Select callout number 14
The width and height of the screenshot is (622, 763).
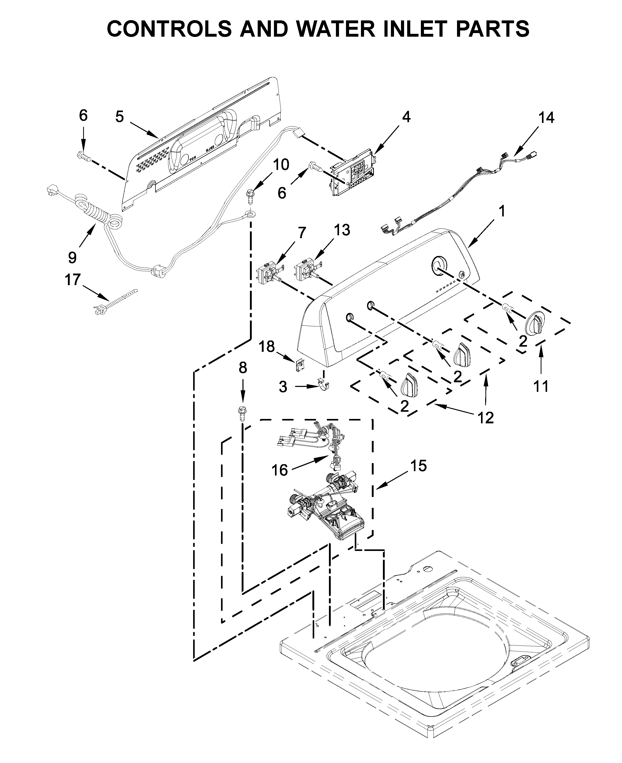[546, 118]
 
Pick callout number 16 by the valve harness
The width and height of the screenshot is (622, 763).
[279, 470]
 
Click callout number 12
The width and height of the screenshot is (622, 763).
[485, 417]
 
